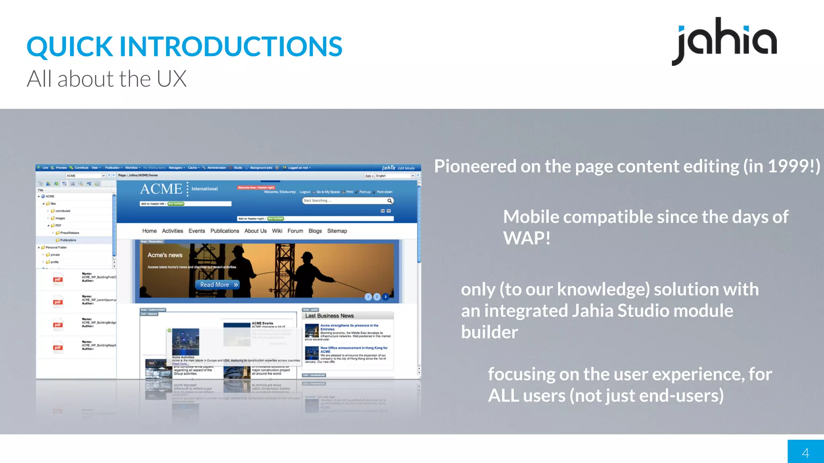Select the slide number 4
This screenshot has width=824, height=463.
click(805, 453)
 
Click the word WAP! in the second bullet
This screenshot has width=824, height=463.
click(526, 238)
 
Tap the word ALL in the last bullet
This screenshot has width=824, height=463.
click(503, 396)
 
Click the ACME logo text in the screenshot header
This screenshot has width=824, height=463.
click(161, 189)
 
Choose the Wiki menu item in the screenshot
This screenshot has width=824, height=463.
click(277, 231)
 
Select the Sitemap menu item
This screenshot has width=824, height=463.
click(337, 231)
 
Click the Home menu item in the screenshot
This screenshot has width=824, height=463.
click(149, 231)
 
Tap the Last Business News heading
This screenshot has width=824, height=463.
click(329, 316)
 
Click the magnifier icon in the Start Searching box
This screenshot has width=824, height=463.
click(389, 201)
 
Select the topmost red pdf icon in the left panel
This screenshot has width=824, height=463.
click(58, 280)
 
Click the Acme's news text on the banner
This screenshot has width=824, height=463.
click(165, 255)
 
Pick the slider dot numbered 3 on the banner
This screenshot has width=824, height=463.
click(385, 297)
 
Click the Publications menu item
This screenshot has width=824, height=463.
click(225, 231)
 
